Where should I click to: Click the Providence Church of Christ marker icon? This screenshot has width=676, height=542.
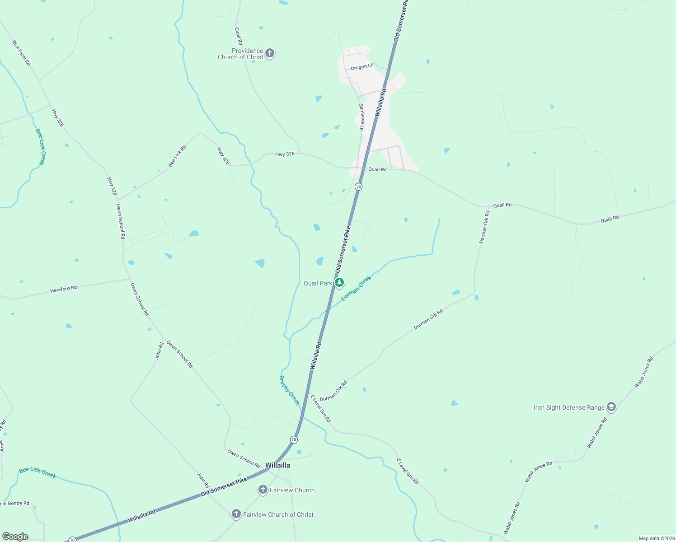tap(269, 54)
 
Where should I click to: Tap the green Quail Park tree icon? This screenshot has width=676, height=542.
tap(339, 283)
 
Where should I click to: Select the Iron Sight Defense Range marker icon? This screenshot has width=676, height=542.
tap(611, 407)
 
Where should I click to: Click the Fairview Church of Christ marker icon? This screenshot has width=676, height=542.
tap(236, 514)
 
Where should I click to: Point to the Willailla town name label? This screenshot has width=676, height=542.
tap(277, 465)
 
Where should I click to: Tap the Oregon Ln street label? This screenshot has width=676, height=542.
tap(362, 66)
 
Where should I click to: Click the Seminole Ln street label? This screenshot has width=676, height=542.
tap(361, 117)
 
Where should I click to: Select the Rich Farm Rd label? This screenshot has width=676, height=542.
tap(21, 53)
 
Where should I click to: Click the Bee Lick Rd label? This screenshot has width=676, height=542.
tap(177, 156)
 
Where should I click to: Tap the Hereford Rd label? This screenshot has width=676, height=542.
tap(63, 288)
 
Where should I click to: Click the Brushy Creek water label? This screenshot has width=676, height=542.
tap(289, 390)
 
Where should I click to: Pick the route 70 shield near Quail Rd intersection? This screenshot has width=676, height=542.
tap(358, 187)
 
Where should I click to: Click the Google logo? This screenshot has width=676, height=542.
tap(15, 537)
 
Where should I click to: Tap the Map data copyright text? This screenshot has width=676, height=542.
tap(656, 538)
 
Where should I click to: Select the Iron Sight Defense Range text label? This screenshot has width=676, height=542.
tap(568, 407)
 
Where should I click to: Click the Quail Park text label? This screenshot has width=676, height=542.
tap(318, 283)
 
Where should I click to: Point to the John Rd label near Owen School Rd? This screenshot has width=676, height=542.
tap(160, 351)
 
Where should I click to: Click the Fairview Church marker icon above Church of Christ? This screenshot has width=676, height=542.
tap(263, 490)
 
